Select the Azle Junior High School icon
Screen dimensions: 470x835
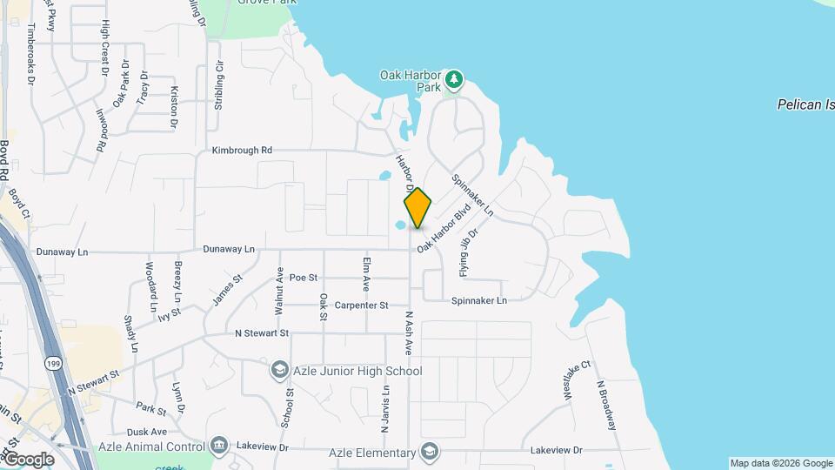tap(279, 371)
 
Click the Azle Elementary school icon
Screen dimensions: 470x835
tap(429, 452)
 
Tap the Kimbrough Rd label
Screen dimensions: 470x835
tap(242, 151)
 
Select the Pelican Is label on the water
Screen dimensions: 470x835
tap(805, 104)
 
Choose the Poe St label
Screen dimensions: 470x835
tap(304, 277)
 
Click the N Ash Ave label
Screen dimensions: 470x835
tap(408, 333)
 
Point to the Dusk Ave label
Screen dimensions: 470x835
tap(146, 432)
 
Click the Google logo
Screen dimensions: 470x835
tap(29, 460)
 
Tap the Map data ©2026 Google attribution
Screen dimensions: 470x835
tap(780, 463)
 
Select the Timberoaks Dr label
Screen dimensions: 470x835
tap(32, 54)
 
